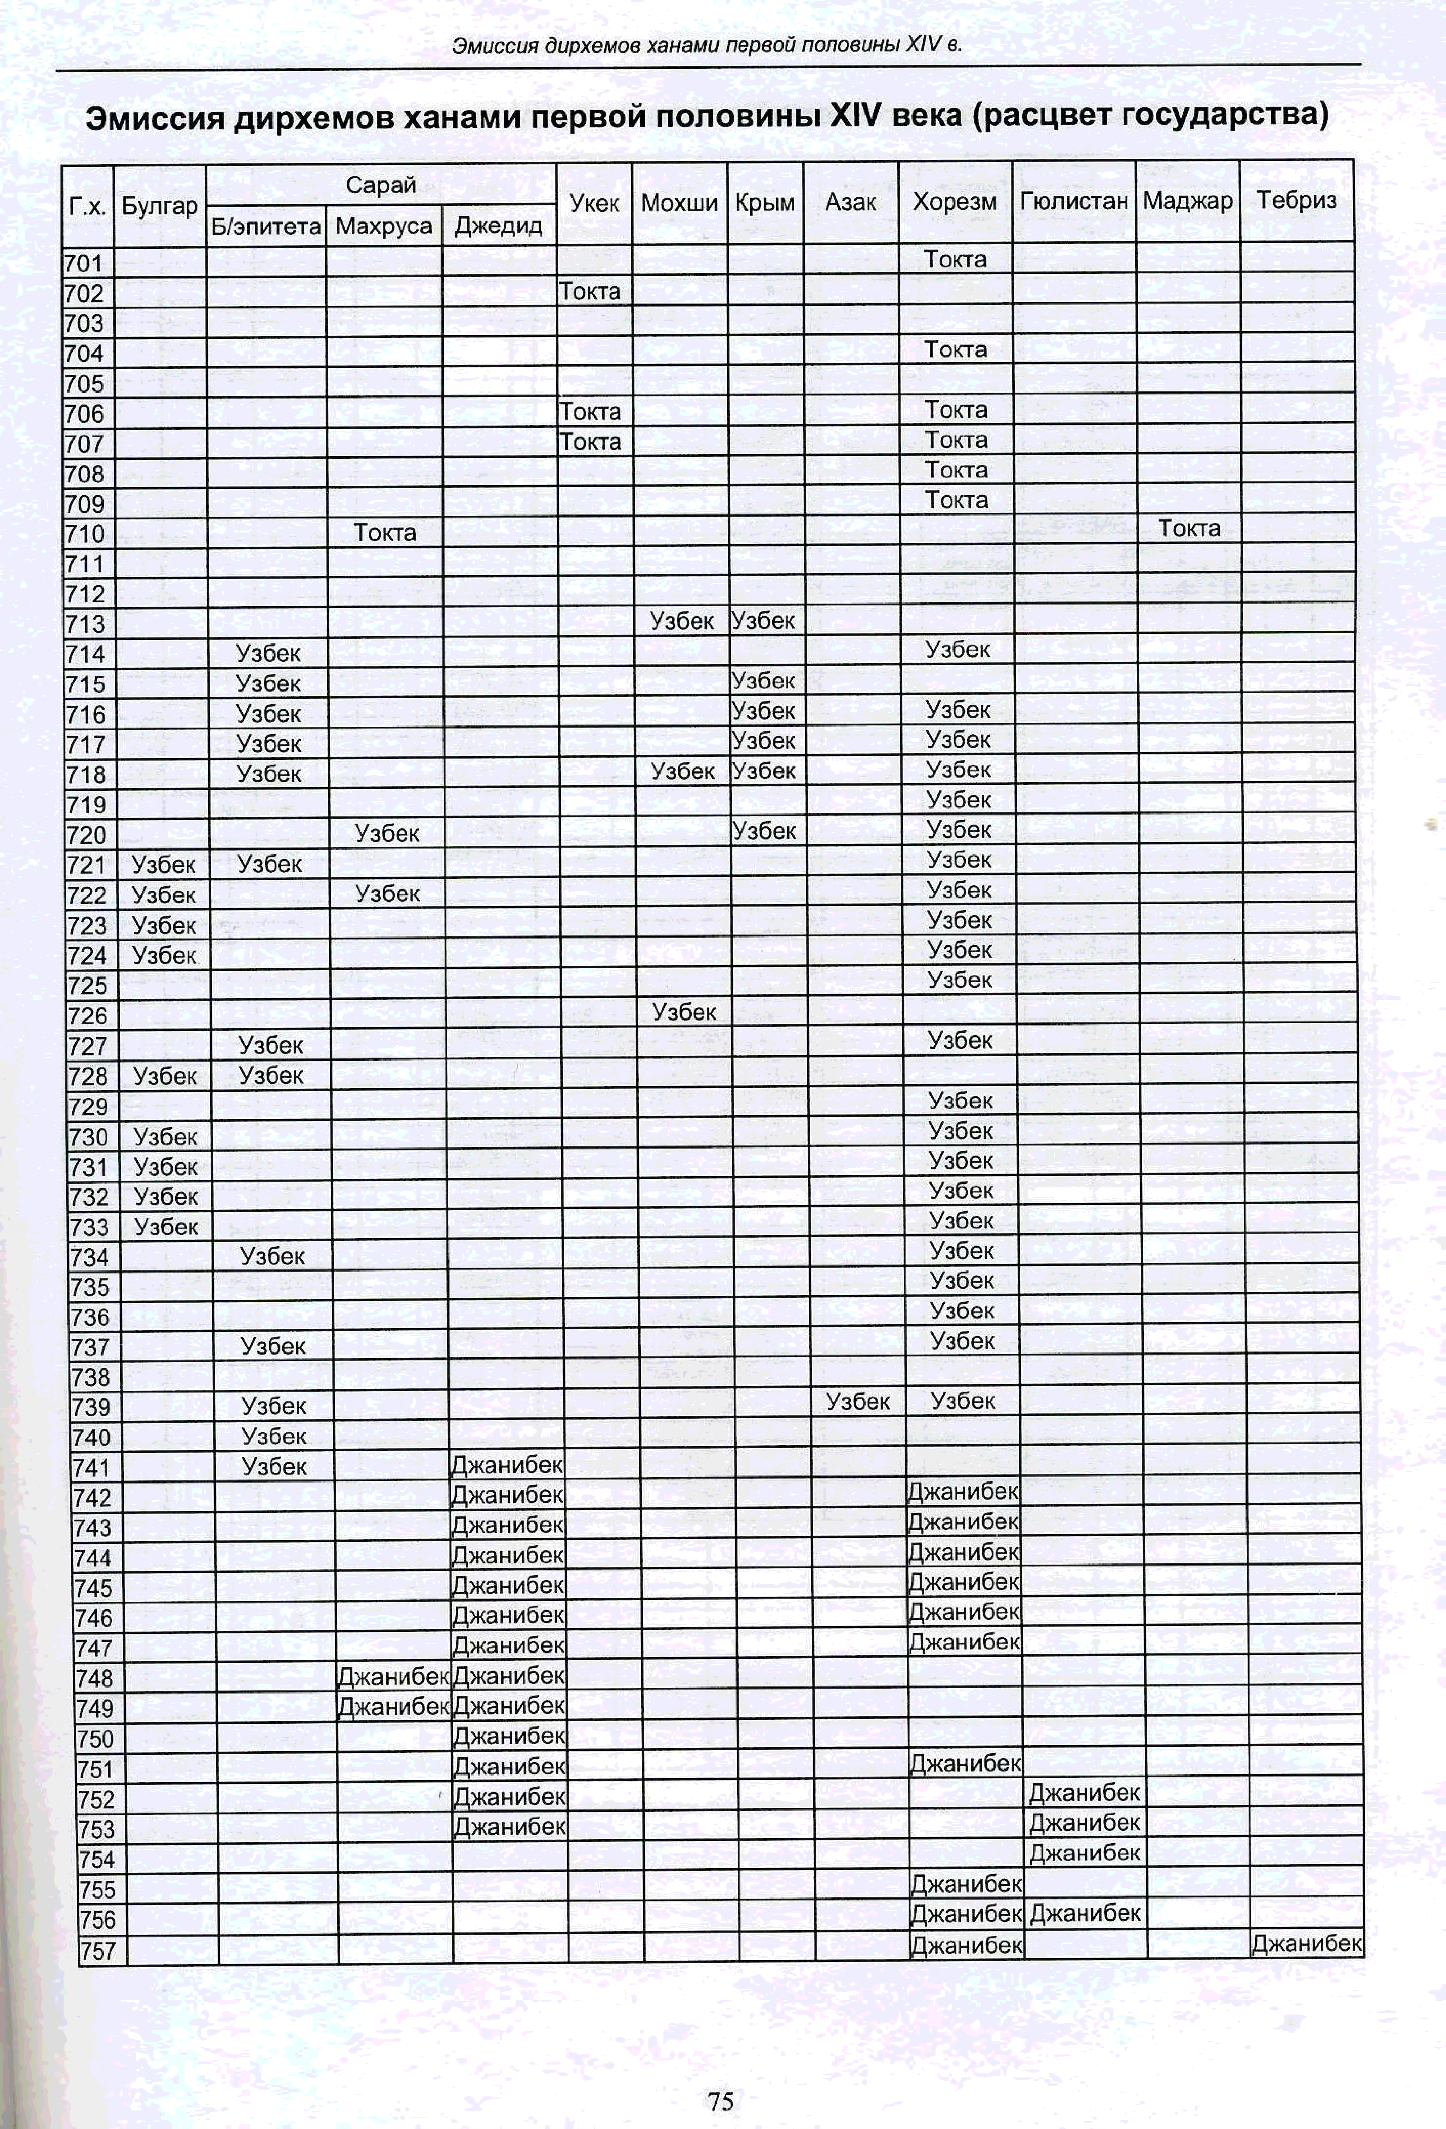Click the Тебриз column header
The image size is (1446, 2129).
(1296, 201)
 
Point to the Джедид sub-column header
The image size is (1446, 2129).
(498, 225)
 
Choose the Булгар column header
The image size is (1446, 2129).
(159, 205)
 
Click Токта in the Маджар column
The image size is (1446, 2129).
(1189, 529)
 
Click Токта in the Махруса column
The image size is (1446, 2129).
(385, 532)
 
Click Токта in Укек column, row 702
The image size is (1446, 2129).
(590, 291)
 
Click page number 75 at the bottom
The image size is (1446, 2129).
(721, 2101)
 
